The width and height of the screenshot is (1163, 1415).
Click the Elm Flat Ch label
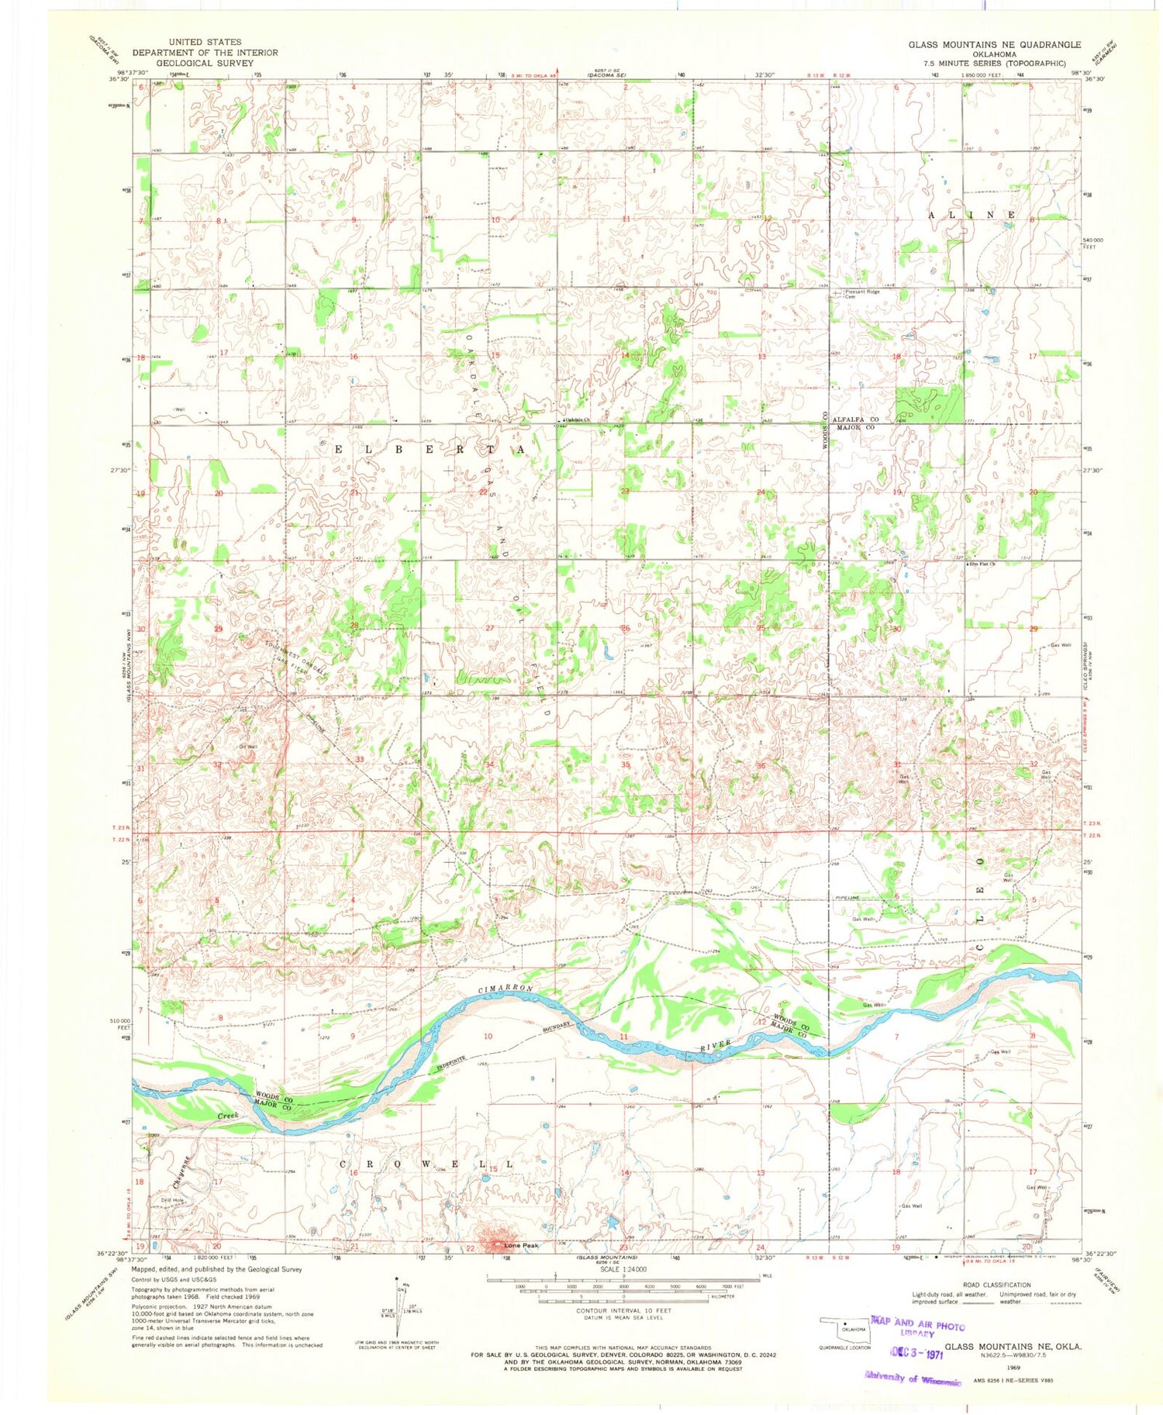(980, 564)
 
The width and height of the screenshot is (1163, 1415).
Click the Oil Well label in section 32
(248, 747)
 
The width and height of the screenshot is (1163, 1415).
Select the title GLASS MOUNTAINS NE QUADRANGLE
(994, 45)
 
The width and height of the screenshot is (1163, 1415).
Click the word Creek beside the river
(227, 1115)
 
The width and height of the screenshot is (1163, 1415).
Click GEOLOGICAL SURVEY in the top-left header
(205, 63)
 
